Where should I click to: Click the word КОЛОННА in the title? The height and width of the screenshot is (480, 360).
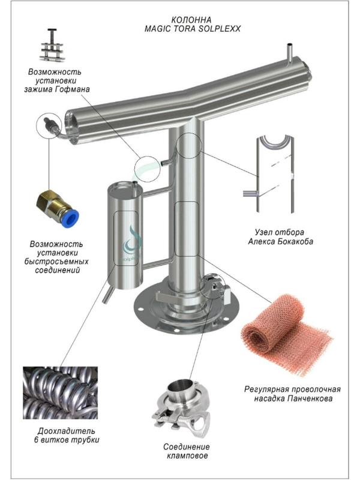click(x=191, y=20)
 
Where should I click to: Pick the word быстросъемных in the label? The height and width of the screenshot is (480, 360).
click(x=56, y=262)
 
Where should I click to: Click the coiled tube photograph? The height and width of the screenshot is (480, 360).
click(x=61, y=393)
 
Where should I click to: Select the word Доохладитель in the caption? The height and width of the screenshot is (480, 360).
click(x=66, y=431)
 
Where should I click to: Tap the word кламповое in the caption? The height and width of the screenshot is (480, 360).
click(x=187, y=455)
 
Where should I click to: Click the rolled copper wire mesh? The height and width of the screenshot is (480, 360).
click(x=286, y=334)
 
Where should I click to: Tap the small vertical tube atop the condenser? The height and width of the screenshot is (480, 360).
click(x=290, y=53)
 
